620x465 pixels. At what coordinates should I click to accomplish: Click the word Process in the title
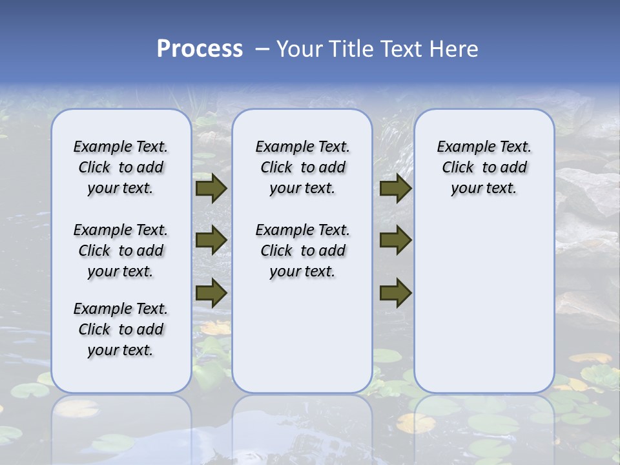pos(200,48)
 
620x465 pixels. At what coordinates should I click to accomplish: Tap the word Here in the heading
pos(455,48)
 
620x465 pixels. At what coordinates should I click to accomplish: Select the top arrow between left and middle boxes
pos(211,188)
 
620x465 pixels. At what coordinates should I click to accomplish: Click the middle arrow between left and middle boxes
pos(211,240)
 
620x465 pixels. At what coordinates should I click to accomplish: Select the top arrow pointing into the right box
pos(395,188)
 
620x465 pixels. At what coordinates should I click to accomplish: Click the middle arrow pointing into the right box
pos(395,240)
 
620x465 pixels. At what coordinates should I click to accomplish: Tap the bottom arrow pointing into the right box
pos(395,293)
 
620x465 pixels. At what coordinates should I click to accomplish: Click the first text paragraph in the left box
pos(121,167)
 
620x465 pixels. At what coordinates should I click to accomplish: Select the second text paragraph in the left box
pos(121,251)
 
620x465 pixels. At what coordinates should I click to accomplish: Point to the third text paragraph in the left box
pos(121,329)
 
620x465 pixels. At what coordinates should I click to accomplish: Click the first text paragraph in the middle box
pos(303,167)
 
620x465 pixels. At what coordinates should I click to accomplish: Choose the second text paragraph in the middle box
pos(303,251)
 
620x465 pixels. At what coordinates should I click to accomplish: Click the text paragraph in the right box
pos(484,167)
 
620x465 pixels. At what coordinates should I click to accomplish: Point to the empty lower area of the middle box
pos(302,336)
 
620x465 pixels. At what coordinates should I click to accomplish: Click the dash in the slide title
pos(262,48)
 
